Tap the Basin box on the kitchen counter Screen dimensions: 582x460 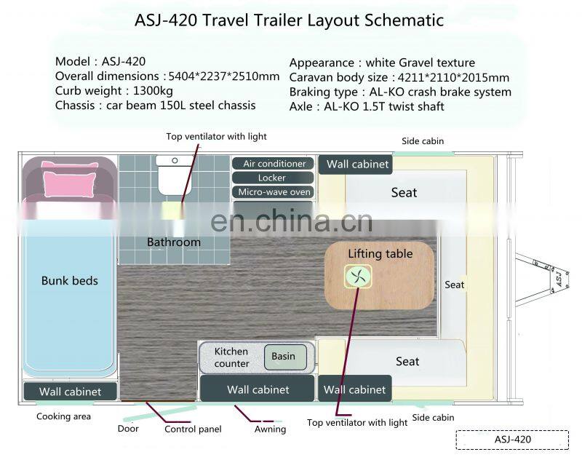(284, 356)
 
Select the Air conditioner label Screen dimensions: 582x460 (273, 164)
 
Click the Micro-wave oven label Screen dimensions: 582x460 (273, 192)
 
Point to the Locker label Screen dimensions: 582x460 (273, 178)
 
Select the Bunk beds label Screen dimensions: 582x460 (69, 280)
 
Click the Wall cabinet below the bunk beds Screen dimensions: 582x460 (70, 392)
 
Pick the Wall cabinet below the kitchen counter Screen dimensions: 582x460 (258, 389)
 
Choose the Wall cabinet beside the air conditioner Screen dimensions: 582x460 (357, 164)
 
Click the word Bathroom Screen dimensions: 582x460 (173, 242)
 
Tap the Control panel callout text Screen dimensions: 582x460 (193, 429)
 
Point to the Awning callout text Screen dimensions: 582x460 (270, 429)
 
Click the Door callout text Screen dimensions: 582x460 (128, 429)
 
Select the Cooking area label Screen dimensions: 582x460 (64, 416)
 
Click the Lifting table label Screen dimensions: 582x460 (380, 254)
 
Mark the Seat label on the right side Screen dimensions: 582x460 (455, 285)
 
